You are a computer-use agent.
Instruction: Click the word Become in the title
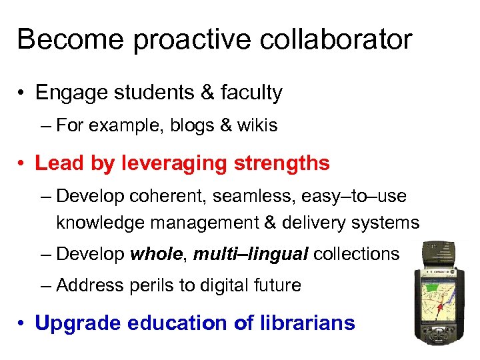coord(70,39)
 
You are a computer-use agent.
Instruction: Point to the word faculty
coord(247,93)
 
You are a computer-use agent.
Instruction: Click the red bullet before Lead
coord(22,163)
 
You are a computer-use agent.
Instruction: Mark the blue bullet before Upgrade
coord(22,323)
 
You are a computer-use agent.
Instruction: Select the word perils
coord(158,286)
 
